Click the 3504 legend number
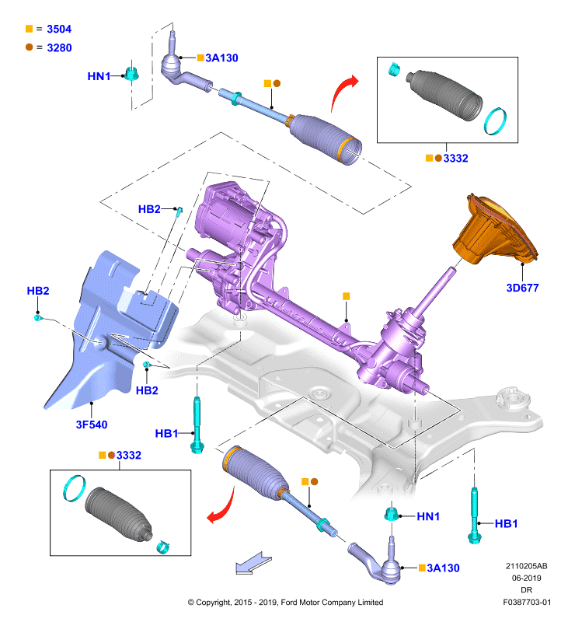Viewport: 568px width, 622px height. click(x=59, y=29)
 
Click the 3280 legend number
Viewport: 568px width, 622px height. click(x=59, y=47)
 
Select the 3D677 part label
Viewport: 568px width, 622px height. click(x=522, y=288)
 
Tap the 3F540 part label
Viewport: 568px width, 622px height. click(x=92, y=425)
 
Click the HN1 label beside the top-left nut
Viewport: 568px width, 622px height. click(x=99, y=76)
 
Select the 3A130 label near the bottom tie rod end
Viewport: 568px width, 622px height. click(x=443, y=568)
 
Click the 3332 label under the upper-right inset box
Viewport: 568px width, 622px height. click(x=455, y=159)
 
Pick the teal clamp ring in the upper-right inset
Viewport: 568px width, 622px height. click(x=496, y=121)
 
